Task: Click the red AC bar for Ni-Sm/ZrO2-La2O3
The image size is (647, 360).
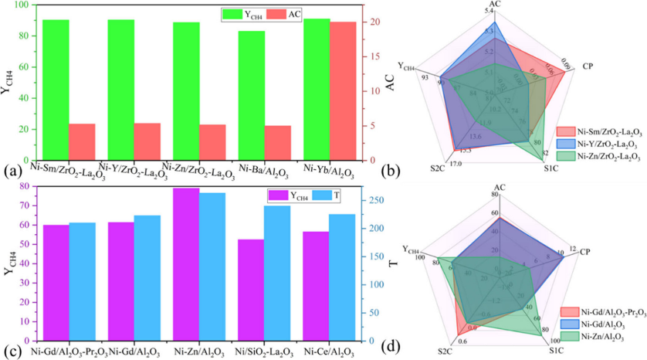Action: [82, 142]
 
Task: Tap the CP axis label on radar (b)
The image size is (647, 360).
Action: [587, 65]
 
